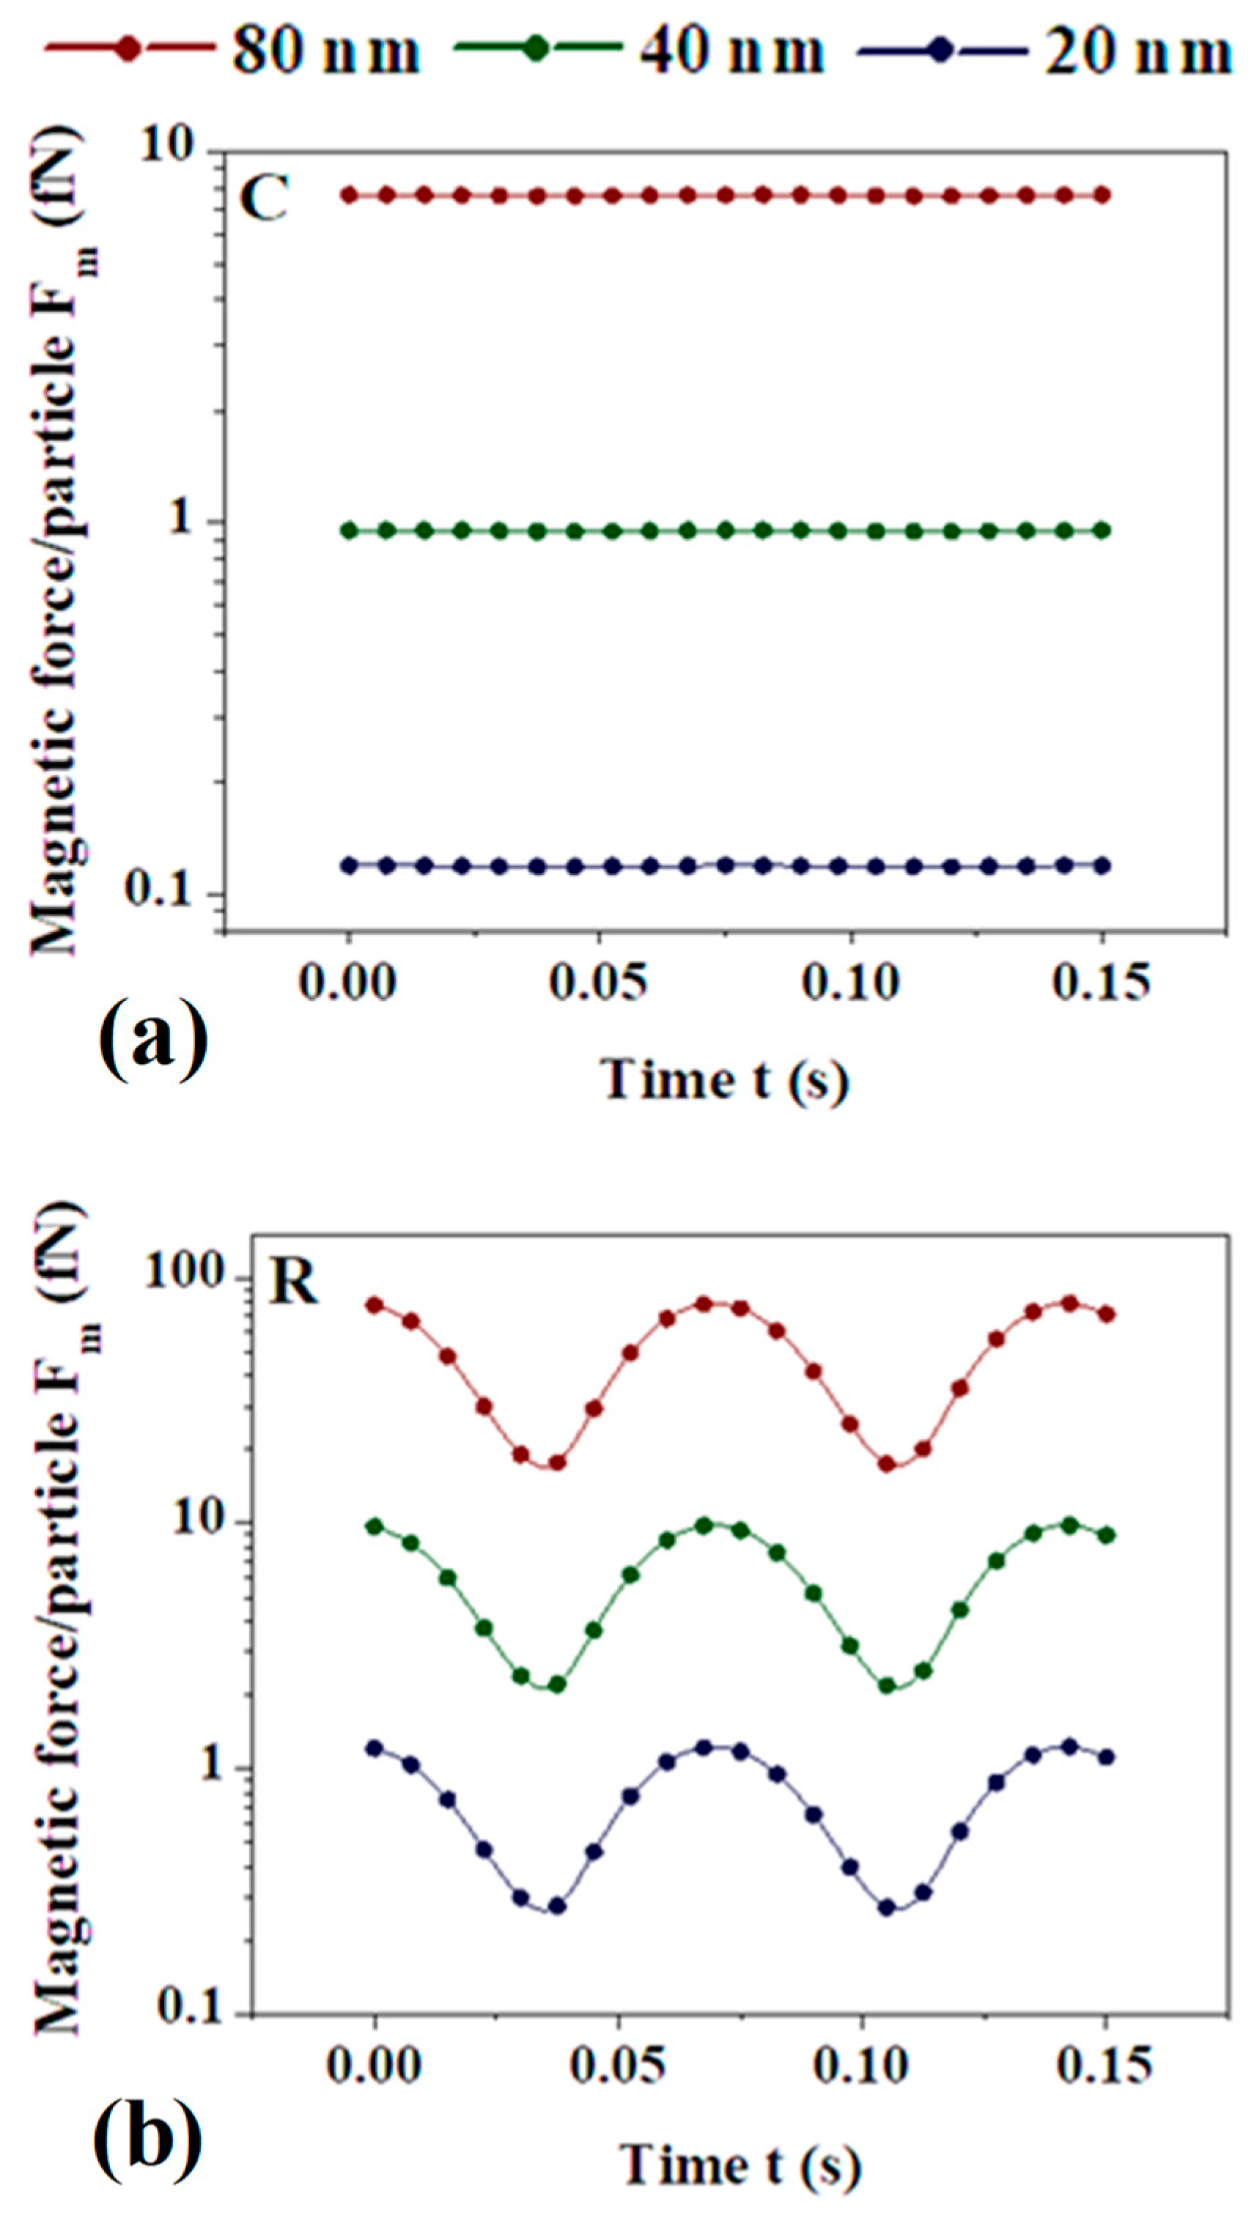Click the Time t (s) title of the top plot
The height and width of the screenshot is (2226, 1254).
[x=724, y=1080]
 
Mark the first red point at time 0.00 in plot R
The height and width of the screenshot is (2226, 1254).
[x=375, y=1305]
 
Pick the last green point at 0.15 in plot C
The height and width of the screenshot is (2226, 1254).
[x=1101, y=530]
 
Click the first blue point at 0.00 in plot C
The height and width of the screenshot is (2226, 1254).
[x=349, y=865]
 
